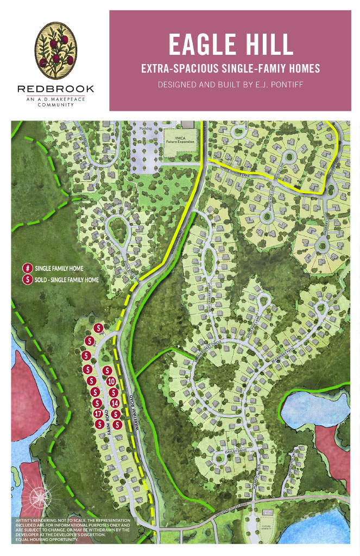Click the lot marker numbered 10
110,381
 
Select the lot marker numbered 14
115,403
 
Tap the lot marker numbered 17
98,414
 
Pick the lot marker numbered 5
86,356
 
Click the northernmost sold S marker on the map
98,328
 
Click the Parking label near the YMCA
146,129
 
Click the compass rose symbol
40,497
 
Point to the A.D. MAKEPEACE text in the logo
55,99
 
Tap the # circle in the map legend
26,268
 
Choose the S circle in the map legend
26,280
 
